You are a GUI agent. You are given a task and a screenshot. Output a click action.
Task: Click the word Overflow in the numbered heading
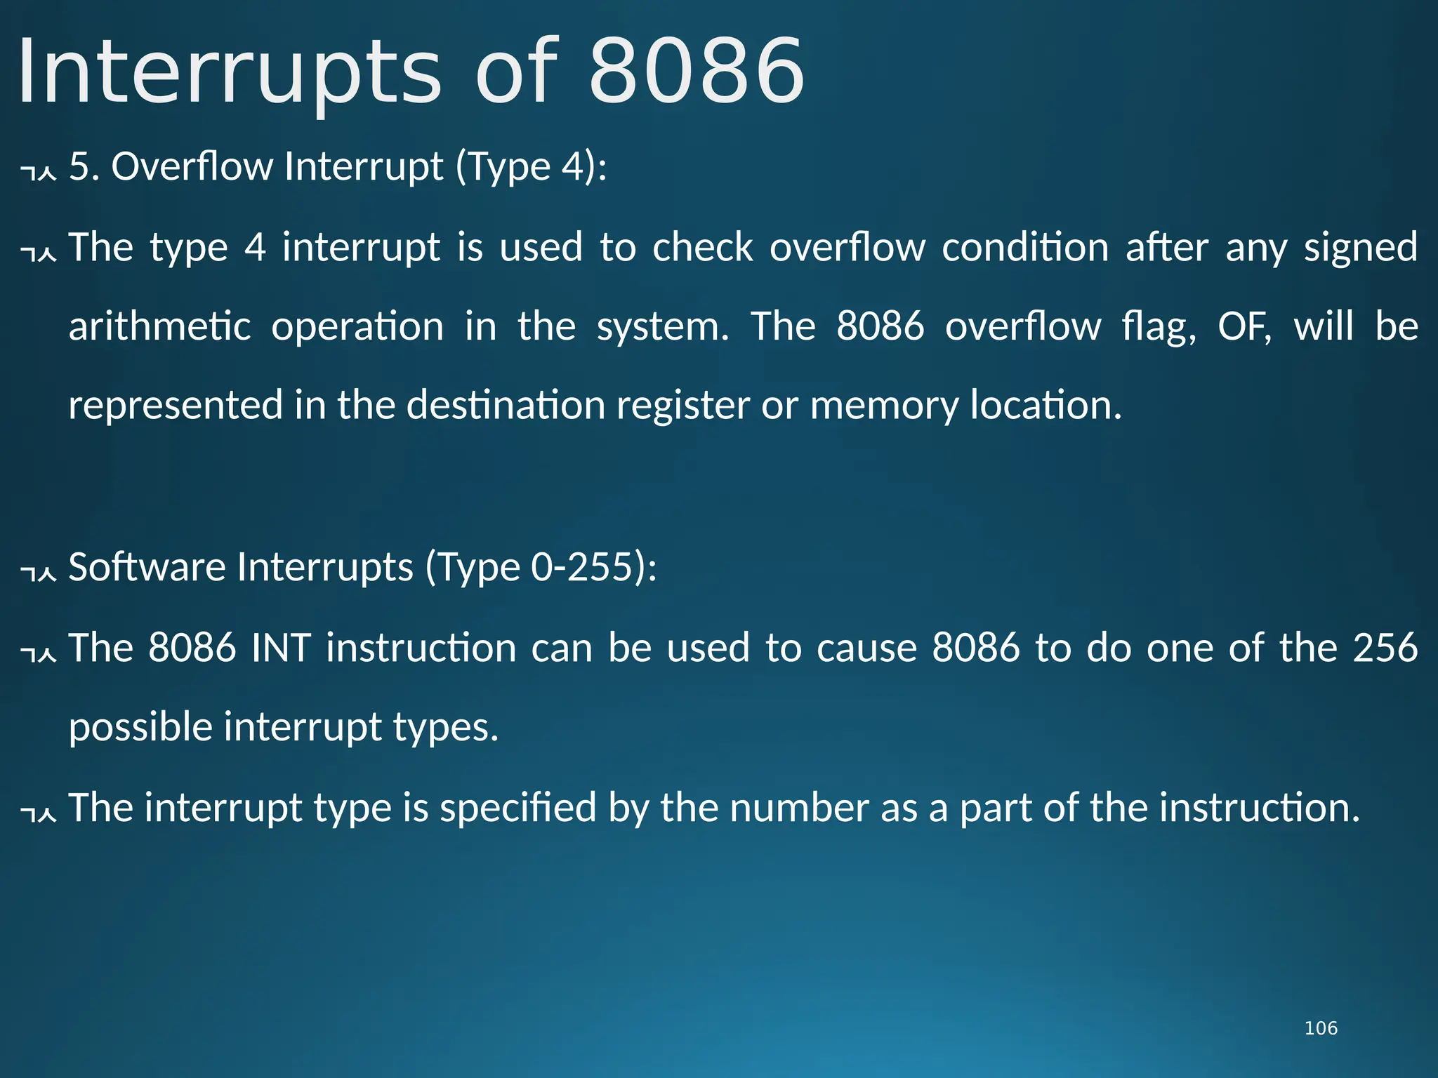click(192, 167)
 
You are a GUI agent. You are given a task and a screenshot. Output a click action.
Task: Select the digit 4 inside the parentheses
click(572, 167)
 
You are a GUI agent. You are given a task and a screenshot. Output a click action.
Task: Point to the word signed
click(1361, 248)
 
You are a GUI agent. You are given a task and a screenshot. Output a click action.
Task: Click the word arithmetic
click(159, 327)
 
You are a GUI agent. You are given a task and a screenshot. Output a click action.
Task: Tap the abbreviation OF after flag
click(1242, 327)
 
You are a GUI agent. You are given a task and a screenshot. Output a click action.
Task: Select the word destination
click(506, 406)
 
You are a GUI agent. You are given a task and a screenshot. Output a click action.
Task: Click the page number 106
click(1321, 1028)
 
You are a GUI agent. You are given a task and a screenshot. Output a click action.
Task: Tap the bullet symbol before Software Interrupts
click(38, 573)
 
